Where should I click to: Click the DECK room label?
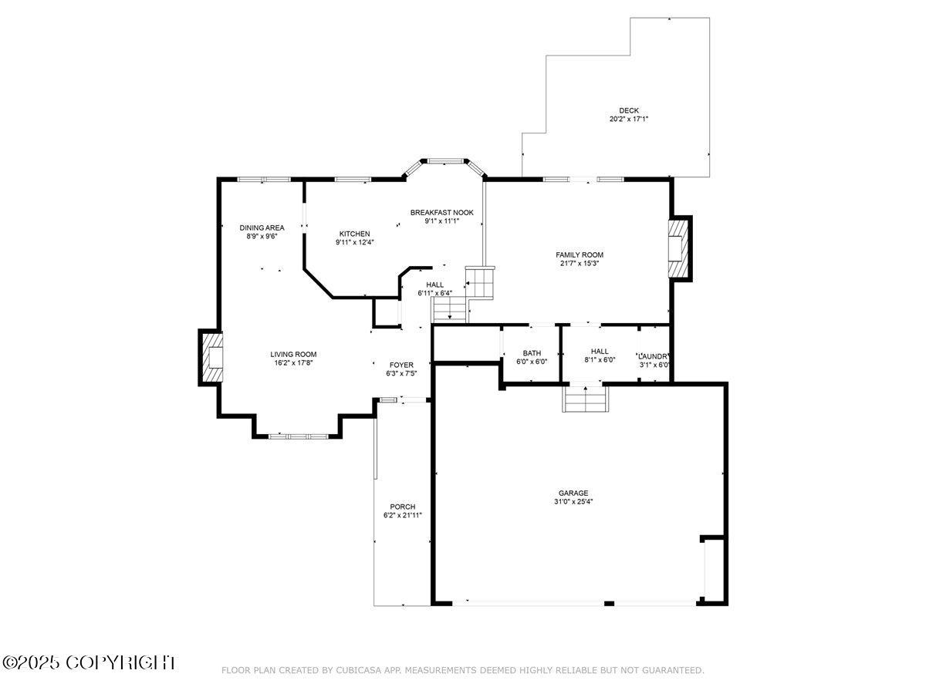[x=628, y=110]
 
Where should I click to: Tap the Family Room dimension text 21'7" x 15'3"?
[x=579, y=264]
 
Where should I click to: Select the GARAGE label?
[x=573, y=493]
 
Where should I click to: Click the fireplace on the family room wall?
[x=678, y=249]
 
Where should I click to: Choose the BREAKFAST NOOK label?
[x=441, y=212]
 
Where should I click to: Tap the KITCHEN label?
[x=354, y=234]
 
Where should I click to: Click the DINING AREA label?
[x=262, y=227]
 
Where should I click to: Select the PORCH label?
[x=402, y=507]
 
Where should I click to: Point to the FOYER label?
[x=401, y=365]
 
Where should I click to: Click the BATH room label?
[x=531, y=353]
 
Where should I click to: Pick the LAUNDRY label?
[x=653, y=355]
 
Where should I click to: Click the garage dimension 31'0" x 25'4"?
[x=573, y=502]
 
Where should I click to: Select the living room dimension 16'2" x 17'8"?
[x=293, y=363]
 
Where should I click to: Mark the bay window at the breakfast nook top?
[x=444, y=161]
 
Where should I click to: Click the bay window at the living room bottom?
[x=297, y=436]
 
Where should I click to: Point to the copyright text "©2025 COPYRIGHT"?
[x=90, y=662]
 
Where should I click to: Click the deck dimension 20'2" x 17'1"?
[x=628, y=120]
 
